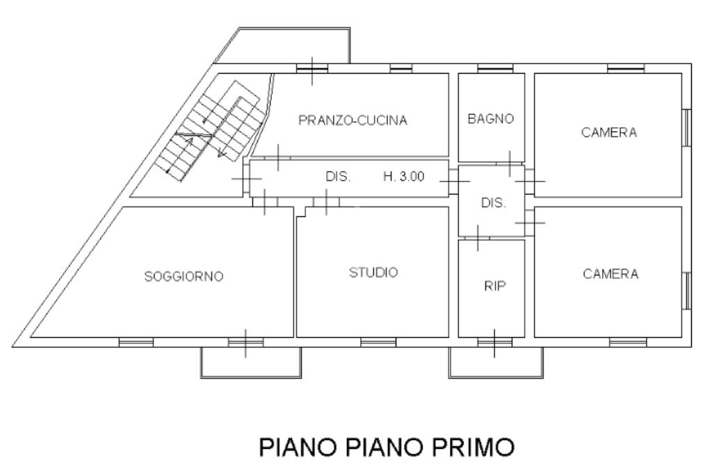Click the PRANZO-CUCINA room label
pos(353,120)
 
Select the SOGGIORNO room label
pos(184,277)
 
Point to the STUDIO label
pos(373,272)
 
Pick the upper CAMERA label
pos(609,133)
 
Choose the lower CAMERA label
pos(610,274)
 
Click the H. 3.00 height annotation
pos(403,177)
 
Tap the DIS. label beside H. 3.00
pos(339,177)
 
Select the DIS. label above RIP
pos(494,203)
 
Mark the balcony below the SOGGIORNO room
pos(250,362)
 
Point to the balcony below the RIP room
pos(494,362)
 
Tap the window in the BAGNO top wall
pos(495,68)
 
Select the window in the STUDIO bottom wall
pos(378,342)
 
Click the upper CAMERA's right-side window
pos(687,128)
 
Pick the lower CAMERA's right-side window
pos(687,289)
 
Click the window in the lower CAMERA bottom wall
pos(627,342)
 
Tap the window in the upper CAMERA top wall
pos(624,68)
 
